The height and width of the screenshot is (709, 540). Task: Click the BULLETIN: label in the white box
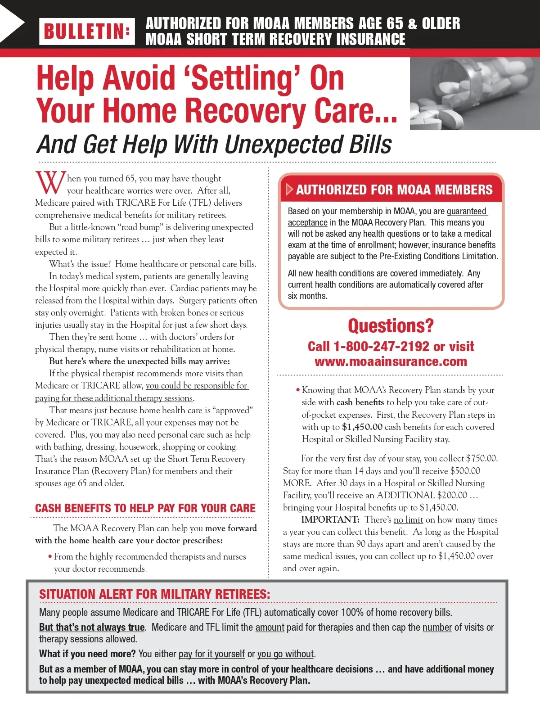[87, 32]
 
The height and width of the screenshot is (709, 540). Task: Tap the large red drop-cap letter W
[50, 183]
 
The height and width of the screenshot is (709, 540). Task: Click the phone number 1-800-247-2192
[381, 346]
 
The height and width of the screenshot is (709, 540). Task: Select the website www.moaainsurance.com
[391, 361]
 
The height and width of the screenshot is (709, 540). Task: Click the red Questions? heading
[391, 325]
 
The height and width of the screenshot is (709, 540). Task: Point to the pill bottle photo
[474, 94]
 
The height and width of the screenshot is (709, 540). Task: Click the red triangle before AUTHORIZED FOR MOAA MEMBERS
[289, 190]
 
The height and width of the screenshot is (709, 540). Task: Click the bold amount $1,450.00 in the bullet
[362, 427]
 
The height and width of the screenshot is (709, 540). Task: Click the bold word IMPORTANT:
[330, 519]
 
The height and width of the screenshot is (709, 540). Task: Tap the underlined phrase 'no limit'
[408, 519]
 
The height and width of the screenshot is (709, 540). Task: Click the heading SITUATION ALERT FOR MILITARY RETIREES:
[154, 594]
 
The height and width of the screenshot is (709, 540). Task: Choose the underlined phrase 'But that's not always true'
[92, 627]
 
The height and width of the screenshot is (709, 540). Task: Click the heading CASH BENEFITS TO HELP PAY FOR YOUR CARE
[145, 508]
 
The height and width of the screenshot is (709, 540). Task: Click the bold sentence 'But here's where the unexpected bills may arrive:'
[139, 361]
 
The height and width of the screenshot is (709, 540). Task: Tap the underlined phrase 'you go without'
[285, 654]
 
